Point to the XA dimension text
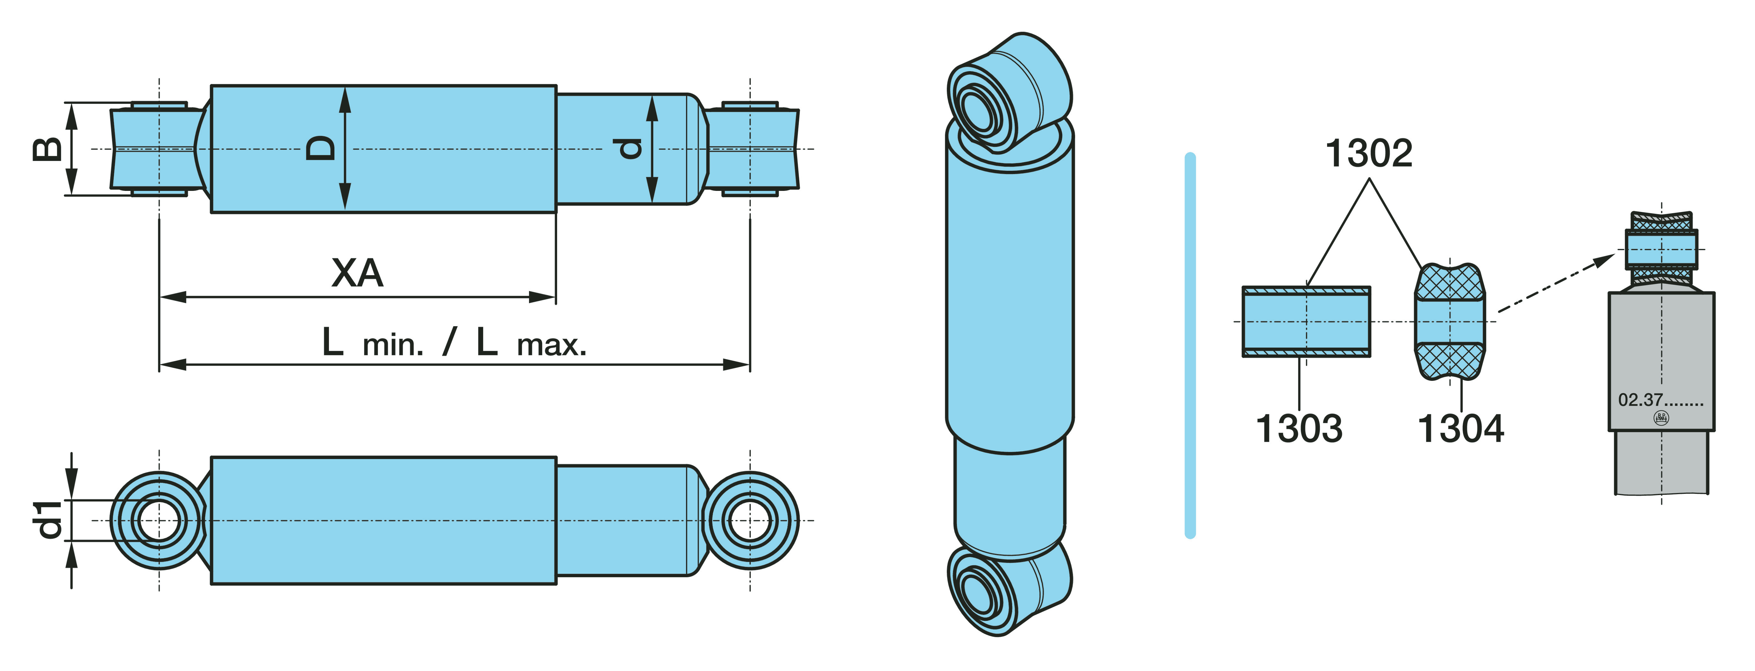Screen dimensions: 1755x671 [357, 273]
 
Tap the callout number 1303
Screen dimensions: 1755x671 [1298, 428]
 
